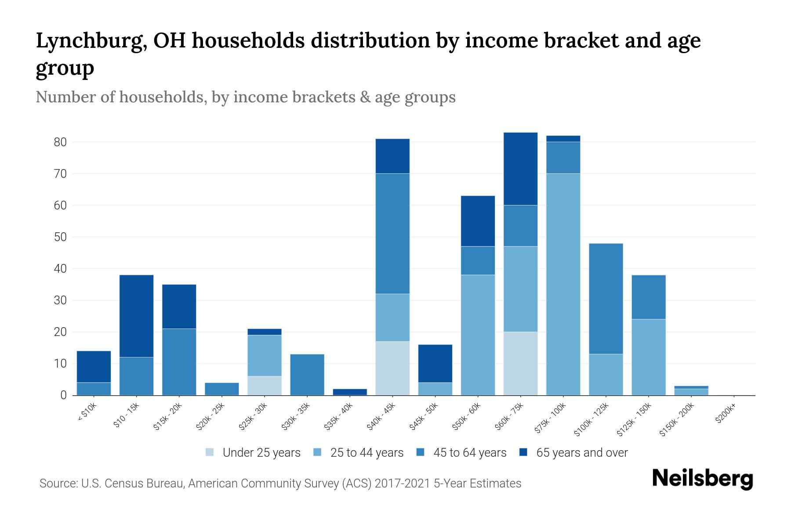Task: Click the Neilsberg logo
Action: (x=702, y=478)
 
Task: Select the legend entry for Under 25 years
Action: (x=253, y=452)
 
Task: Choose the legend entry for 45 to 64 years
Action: (x=461, y=452)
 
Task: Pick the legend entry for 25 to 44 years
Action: (x=359, y=452)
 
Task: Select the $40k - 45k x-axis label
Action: (x=381, y=417)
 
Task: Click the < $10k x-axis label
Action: (x=87, y=412)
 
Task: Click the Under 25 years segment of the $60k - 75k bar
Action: (x=520, y=363)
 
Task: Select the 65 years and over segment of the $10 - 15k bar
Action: (x=136, y=316)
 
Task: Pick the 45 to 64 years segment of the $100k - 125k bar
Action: (x=606, y=299)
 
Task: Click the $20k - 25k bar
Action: (x=221, y=389)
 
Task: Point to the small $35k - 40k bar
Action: (x=350, y=392)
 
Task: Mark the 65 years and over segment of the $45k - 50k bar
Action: (x=435, y=364)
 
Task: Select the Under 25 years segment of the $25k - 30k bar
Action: (x=264, y=386)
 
